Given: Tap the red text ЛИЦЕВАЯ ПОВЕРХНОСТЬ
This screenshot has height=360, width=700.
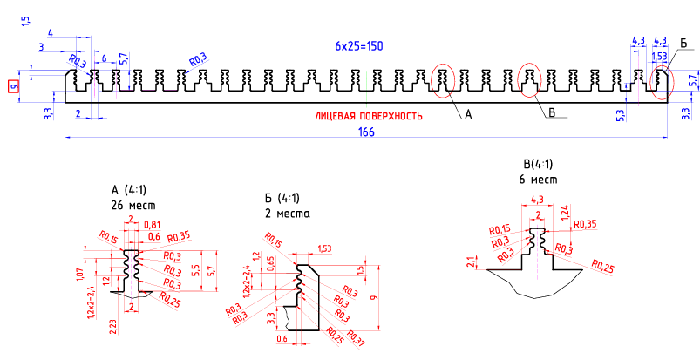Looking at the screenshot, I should coord(369,115).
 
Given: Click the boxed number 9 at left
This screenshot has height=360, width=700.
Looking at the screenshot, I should coord(13,86).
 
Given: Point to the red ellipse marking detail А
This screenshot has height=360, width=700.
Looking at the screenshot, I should coord(443,81).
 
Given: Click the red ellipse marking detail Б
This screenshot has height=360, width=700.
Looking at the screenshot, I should coord(662,81).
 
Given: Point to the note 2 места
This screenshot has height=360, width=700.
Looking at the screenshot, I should coord(287,213).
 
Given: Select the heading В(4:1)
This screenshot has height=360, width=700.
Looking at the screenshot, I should coord(538,164).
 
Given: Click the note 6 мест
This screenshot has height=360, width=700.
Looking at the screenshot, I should coord(538,179).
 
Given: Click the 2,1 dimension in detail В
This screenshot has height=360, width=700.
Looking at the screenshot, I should coord(471,262).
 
